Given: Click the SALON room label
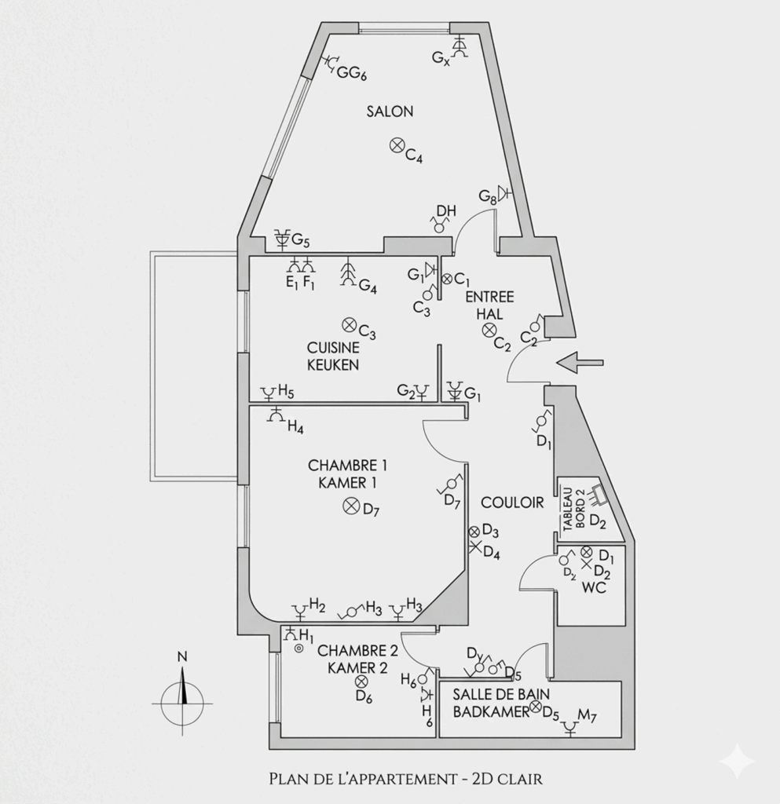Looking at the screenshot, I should (390, 111).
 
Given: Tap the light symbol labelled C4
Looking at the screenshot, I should (397, 144).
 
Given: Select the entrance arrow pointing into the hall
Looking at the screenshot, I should (579, 362).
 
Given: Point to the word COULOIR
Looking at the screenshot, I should (512, 502).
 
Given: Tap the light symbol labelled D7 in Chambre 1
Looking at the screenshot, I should (350, 506).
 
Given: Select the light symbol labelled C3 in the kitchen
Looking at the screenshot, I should (348, 323).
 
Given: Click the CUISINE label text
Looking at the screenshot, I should (333, 347).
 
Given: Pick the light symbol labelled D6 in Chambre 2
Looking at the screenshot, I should (361, 682).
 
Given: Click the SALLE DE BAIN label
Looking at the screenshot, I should (501, 694).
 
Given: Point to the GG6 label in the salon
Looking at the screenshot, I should (352, 73).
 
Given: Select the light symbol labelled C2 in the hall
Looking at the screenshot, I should (489, 329).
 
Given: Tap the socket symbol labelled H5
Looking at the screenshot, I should (269, 392).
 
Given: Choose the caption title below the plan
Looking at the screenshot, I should (405, 779).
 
